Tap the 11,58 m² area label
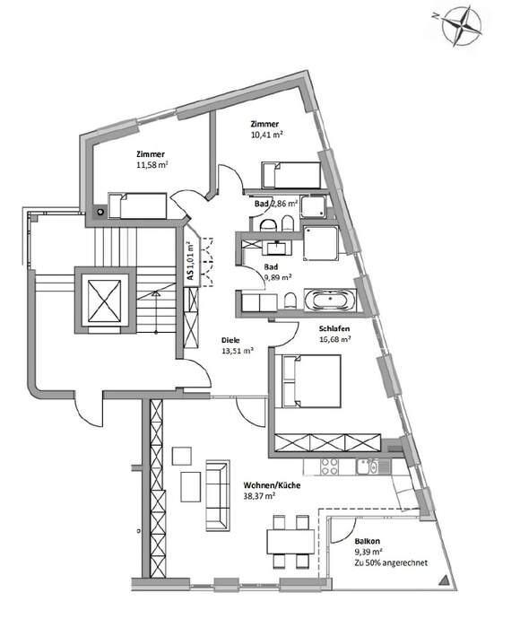coord(152,165)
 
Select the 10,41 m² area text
coord(266,136)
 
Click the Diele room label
coord(230,339)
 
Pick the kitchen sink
coord(368,466)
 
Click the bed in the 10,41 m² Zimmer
coord(289,176)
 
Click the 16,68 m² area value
coord(334,339)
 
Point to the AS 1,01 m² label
coord(191,261)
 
